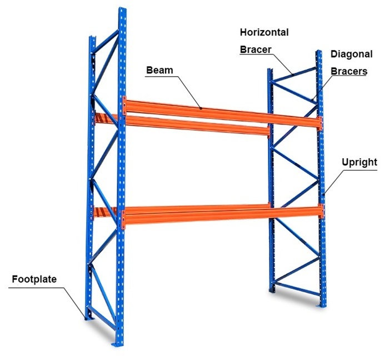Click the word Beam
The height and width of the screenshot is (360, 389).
[159, 71]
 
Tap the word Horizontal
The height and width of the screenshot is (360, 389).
[264, 32]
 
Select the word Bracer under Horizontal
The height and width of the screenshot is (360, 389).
[256, 49]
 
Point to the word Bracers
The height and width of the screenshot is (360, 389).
[348, 71]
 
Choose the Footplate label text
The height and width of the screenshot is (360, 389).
[34, 279]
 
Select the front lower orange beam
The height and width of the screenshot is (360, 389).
[222, 214]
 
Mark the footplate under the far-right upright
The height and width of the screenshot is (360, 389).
[322, 305]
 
